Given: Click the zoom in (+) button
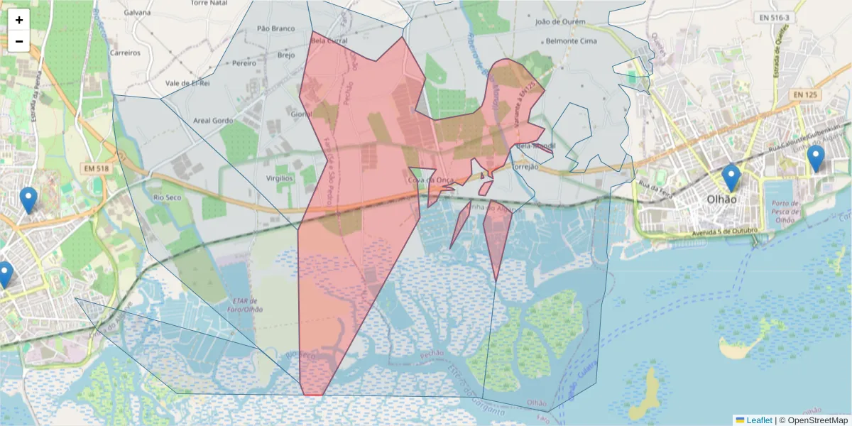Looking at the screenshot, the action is [x=19, y=20].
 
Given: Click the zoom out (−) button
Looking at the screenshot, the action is [x=19, y=41].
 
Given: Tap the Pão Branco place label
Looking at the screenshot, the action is [x=275, y=28].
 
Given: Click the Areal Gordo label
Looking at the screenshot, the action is [x=214, y=121].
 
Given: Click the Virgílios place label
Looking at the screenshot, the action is [x=279, y=178].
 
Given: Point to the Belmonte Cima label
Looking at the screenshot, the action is [x=570, y=41].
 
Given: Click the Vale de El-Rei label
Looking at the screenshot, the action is [x=187, y=83].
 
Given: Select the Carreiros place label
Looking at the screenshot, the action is [x=125, y=53].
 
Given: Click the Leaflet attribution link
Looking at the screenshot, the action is [x=759, y=420].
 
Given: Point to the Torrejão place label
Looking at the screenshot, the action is [x=526, y=168].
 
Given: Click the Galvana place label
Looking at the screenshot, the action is [x=137, y=13].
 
